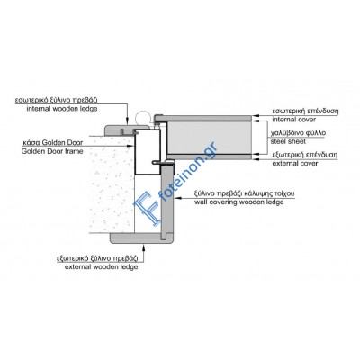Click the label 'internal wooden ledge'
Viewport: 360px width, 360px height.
[x=62, y=109]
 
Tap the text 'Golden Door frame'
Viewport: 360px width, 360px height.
[x=52, y=151]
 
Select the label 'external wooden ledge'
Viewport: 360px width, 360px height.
[x=102, y=266]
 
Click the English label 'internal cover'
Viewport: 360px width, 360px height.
[x=294, y=120]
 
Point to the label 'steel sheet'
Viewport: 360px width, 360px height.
[x=288, y=141]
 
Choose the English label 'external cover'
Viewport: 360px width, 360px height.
[x=295, y=164]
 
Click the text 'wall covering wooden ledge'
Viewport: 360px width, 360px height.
[x=239, y=202]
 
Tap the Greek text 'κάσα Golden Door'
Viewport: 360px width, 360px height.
[x=53, y=142]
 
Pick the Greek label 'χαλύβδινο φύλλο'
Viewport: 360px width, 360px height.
[x=298, y=133]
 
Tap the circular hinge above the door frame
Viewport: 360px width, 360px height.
[x=142, y=117]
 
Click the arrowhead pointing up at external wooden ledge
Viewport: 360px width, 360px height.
[x=144, y=247]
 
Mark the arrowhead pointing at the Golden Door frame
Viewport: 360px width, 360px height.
[x=130, y=146]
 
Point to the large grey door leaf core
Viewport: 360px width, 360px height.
[x=209, y=138]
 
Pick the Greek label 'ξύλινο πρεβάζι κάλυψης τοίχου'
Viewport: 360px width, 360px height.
[x=245, y=193]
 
